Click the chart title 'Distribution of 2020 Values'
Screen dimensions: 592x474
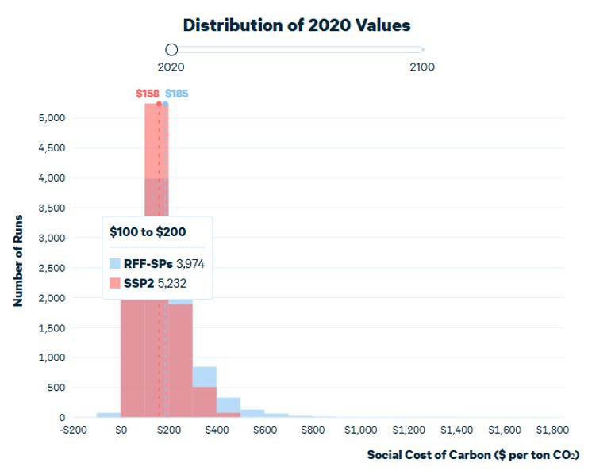(297, 25)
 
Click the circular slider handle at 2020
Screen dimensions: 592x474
(171, 49)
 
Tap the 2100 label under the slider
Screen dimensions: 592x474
(422, 67)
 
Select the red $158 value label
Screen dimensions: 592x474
(148, 94)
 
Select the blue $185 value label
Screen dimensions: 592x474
(177, 94)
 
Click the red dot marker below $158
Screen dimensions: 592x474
(159, 104)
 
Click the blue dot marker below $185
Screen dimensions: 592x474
(165, 104)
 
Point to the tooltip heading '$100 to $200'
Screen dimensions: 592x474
(148, 231)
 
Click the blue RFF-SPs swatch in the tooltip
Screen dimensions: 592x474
(115, 264)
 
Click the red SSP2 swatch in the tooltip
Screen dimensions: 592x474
(115, 283)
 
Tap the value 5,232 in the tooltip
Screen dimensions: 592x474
(171, 284)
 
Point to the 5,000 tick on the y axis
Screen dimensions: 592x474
(52, 118)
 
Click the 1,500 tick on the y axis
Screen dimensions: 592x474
(52, 328)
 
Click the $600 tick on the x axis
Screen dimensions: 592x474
(265, 430)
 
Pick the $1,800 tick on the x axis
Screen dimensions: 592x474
(553, 430)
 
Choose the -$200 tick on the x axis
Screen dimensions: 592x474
(73, 430)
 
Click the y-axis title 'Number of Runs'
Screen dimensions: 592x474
(18, 261)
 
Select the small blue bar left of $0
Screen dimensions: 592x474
(109, 415)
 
